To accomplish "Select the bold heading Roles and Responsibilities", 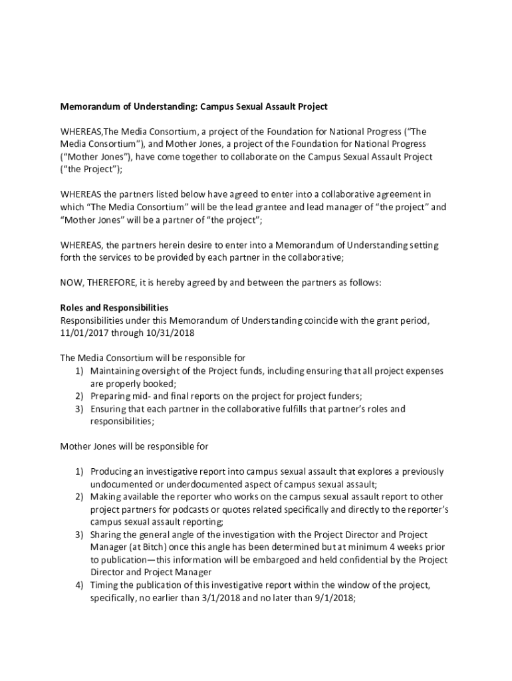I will [x=114, y=308].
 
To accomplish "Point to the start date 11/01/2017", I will [x=84, y=333].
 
